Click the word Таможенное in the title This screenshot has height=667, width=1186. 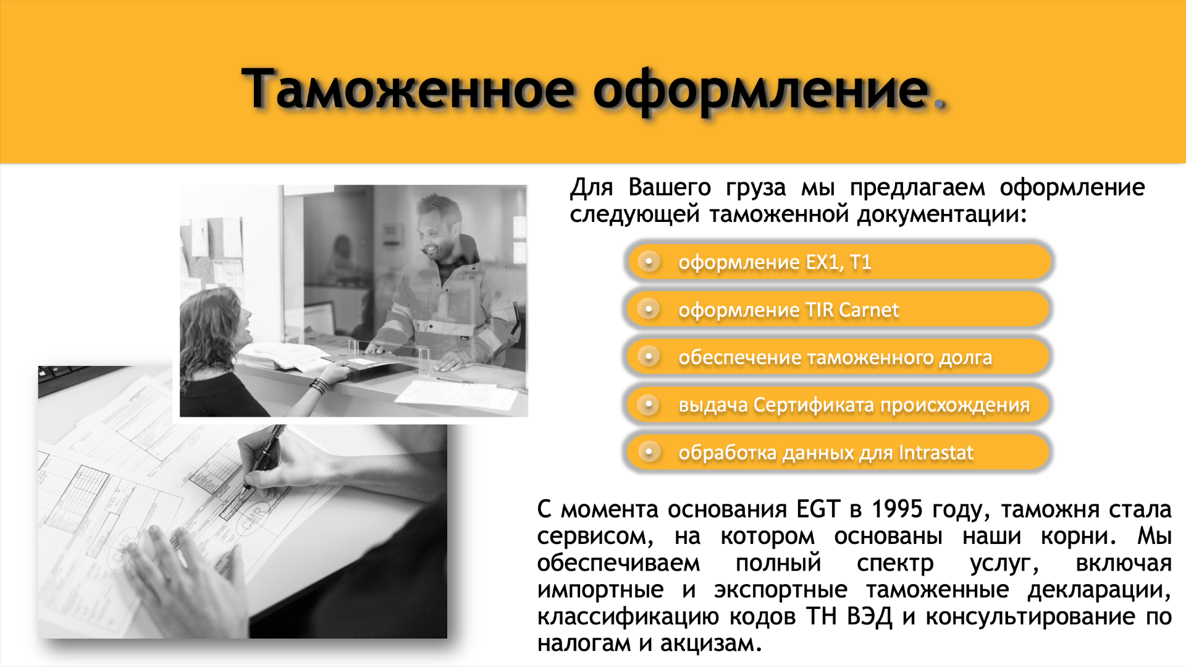point(408,89)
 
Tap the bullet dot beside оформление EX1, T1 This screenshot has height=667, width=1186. point(649,261)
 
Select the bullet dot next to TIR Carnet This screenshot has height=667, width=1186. point(649,308)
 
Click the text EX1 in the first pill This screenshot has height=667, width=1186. point(825,263)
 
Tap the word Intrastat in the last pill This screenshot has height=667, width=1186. point(936,452)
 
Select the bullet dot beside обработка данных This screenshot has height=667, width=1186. point(649,452)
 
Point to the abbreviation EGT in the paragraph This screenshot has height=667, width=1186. point(818,509)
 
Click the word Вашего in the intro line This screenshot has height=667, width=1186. point(670,187)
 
